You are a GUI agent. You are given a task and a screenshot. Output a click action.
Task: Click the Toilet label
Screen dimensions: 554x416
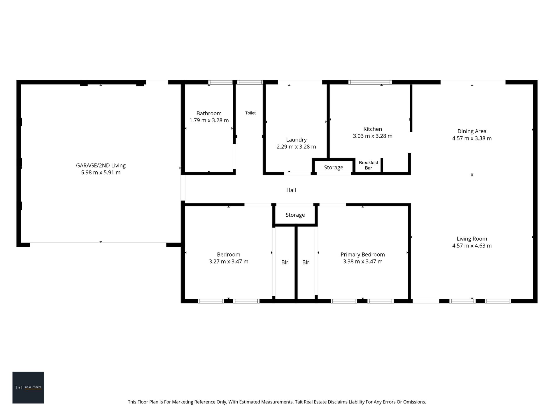coord(250,113)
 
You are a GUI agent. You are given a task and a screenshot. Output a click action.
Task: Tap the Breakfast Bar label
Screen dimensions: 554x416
coord(369,165)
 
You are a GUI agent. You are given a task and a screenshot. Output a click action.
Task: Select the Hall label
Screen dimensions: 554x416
coord(291,190)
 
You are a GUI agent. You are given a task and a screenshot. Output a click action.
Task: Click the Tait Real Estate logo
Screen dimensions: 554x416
coord(28,387)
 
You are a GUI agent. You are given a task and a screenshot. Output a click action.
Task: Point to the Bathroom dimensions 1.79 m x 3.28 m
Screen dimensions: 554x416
coord(209,120)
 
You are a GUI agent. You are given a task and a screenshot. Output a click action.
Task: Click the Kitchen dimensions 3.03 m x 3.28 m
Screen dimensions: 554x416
coord(373,136)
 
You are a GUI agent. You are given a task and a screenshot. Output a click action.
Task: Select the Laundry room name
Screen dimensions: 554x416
coord(296,140)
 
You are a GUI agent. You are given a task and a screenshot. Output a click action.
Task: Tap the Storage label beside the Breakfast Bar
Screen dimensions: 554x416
coord(334,168)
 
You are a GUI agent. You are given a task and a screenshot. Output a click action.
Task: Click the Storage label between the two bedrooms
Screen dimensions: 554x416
coord(295,215)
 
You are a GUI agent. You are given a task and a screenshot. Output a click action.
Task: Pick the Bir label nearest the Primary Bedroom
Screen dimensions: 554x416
coord(306,262)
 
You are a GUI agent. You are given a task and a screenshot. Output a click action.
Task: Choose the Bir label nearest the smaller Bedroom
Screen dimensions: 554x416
coord(285,262)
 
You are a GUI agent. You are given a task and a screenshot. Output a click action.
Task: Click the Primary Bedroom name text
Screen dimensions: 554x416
coord(363,255)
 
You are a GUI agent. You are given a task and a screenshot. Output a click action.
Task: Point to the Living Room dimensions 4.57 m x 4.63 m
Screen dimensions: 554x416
coord(472,246)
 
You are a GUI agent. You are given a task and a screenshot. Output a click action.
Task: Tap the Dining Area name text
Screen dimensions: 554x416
coord(472,131)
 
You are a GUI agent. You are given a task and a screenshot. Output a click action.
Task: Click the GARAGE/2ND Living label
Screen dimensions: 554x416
coord(101,166)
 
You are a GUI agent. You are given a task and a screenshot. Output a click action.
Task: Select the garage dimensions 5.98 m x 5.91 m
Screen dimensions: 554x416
coord(101,173)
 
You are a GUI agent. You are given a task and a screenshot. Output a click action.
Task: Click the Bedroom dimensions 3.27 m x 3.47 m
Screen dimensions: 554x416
coord(229,262)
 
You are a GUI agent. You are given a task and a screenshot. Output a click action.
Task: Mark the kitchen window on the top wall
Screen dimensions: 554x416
coord(370,82)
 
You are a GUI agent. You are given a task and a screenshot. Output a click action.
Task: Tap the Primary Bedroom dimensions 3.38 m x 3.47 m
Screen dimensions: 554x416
coord(363,262)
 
